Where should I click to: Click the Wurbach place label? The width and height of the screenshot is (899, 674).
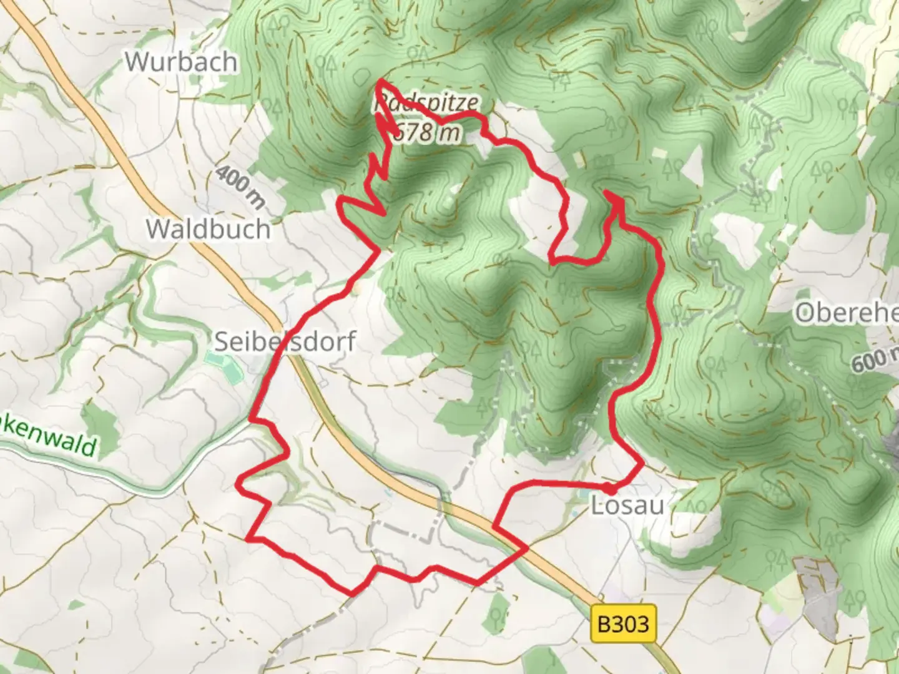[181, 62]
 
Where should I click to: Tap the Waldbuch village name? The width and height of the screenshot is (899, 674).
[209, 228]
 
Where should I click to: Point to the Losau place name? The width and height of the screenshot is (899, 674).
[627, 506]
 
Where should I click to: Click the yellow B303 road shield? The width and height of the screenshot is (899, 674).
[623, 623]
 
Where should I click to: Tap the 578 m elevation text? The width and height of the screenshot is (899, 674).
[427, 132]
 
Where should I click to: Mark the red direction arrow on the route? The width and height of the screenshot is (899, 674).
[615, 200]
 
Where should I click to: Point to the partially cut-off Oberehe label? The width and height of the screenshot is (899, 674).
[846, 313]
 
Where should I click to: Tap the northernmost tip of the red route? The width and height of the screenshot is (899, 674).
[380, 81]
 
